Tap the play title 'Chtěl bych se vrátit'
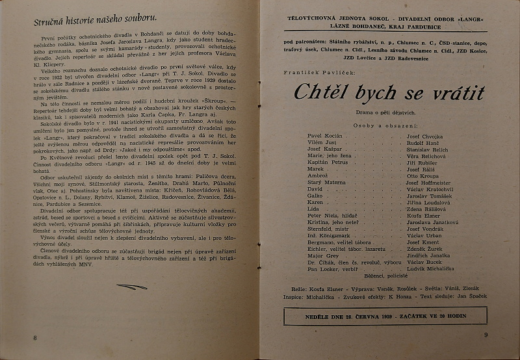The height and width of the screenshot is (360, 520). [389, 93]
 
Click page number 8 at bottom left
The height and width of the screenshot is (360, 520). [34, 337]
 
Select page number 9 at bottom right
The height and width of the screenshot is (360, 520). [486, 335]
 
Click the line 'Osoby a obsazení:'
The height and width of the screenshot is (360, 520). [388, 124]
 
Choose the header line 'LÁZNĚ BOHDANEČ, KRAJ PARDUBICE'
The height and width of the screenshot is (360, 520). [389, 29]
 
